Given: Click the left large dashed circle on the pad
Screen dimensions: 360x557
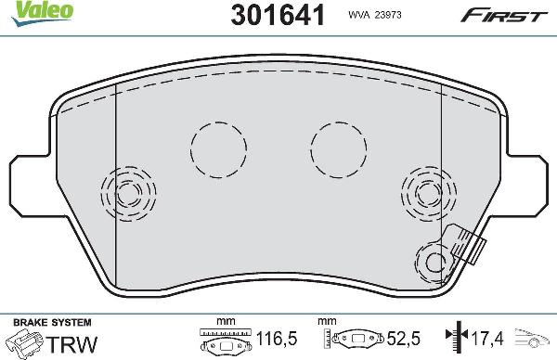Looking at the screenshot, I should point(219,148).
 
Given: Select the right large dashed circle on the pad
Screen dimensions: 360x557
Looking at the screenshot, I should point(340,148).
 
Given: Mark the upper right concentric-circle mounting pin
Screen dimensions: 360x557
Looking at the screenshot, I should point(427,192).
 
